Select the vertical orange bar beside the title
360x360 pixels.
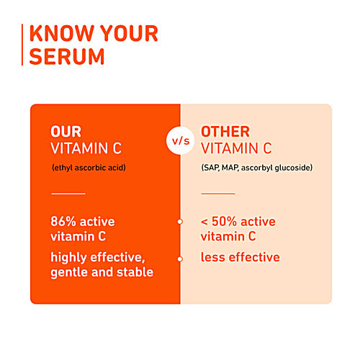(24, 45)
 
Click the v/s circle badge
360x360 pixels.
(180, 140)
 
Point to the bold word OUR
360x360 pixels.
(66, 132)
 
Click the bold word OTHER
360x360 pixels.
(225, 132)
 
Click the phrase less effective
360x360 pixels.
(240, 257)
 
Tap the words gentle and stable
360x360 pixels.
(102, 272)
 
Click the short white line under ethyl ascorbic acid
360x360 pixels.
(68, 193)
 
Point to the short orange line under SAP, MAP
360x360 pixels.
(217, 193)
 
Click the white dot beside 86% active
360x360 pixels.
(180, 222)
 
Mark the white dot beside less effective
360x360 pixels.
(180, 258)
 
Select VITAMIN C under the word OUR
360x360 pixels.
(86, 149)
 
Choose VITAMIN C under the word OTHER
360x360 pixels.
(236, 149)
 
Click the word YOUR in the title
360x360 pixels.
(128, 34)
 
